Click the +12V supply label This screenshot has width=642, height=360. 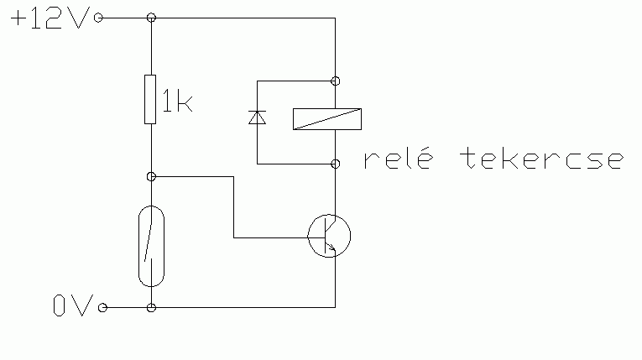coord(48,18)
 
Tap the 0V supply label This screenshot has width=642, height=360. coord(70,307)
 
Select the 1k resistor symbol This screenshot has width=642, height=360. coord(150,99)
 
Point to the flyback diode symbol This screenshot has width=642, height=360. coord(257,118)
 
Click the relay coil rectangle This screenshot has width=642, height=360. coord(327,119)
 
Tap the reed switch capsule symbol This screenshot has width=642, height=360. coord(150,243)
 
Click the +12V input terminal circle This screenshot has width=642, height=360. coord(100,18)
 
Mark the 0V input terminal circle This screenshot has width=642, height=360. coord(103,308)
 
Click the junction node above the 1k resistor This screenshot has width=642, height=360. coord(150,18)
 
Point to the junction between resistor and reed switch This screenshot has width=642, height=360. coord(150,176)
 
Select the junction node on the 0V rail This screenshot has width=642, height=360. coord(150,308)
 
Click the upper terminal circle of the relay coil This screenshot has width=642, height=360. coord(335,81)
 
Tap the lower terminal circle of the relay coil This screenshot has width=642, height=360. coord(335,162)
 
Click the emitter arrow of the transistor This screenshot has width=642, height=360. coord(331,248)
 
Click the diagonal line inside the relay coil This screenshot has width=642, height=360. coord(327,119)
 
